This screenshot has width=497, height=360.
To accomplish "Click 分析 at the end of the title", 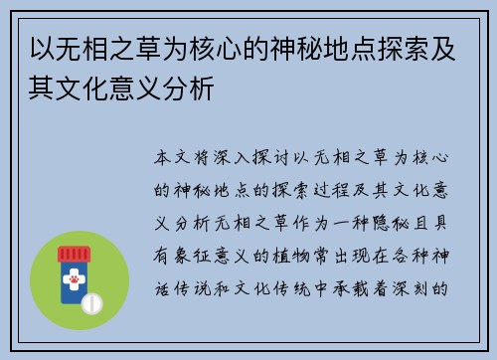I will pyautogui.click(x=195, y=86).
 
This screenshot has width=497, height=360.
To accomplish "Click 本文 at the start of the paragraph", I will pyautogui.click(x=177, y=159).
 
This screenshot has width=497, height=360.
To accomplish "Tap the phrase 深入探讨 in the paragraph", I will pyautogui.click(x=255, y=159).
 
